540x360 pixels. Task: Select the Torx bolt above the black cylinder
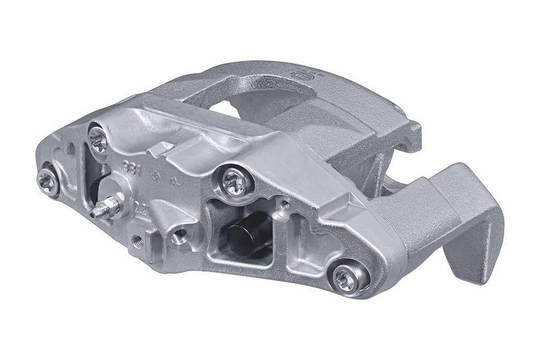234,180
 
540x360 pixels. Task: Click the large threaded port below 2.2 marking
180,236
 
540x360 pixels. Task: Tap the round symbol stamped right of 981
154,175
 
